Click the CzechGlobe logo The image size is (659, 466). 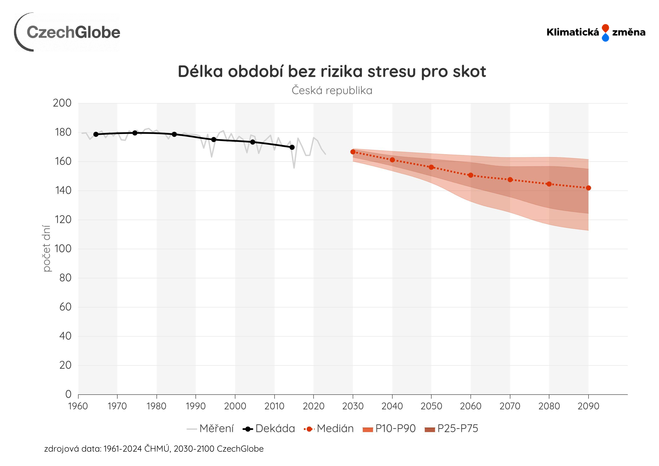tap(67, 32)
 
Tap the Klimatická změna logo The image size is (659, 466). tap(595, 32)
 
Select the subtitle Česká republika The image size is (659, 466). tap(332, 90)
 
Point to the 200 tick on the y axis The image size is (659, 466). tap(62, 103)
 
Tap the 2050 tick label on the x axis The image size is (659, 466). tap(431, 406)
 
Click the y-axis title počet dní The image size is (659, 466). tap(46, 248)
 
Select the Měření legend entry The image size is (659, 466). tap(210, 428)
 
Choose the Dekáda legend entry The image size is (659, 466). tap(269, 428)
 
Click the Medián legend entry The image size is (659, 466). tap(329, 428)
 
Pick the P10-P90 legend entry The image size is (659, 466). tap(389, 428)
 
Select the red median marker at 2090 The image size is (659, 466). tap(588, 188)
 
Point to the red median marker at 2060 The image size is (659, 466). tap(471, 175)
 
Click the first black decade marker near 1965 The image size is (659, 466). tap(96, 134)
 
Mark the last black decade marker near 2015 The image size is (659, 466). tap(292, 147)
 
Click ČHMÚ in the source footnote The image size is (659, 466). tap(156, 449)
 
